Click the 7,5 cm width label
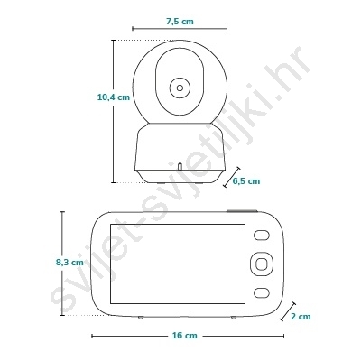point(180,22)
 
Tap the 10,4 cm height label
point(114,97)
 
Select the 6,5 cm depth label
point(246,181)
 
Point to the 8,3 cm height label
point(69,263)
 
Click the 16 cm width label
point(185,336)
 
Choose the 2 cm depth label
point(301,317)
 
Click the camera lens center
point(180,88)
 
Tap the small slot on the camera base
point(180,166)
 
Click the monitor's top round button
point(261,236)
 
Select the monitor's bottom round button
point(261,292)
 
